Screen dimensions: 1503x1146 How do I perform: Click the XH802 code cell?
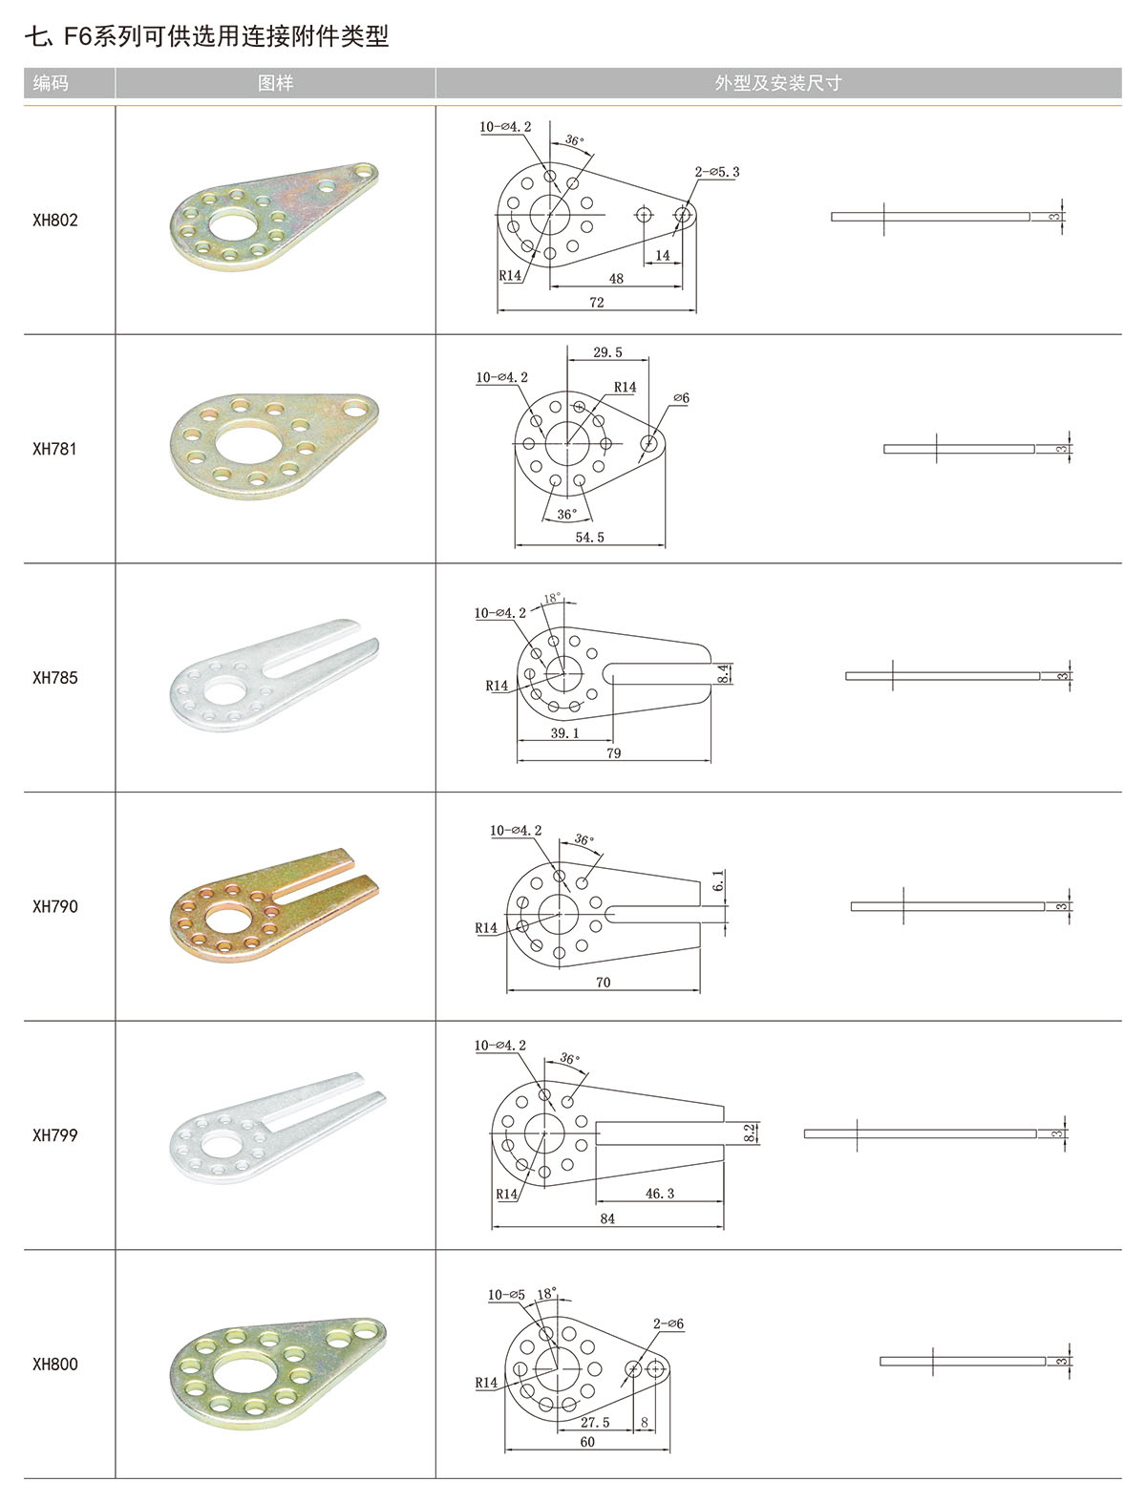55,220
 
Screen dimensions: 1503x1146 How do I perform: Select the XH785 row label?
55,677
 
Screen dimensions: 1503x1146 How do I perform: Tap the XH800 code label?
55,1364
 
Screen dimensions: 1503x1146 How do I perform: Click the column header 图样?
275,83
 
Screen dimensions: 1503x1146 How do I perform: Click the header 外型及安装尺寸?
777,83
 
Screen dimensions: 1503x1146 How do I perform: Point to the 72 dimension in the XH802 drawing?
597,303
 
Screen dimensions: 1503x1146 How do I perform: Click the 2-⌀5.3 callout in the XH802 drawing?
717,173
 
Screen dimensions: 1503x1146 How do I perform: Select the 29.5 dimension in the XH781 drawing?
607,352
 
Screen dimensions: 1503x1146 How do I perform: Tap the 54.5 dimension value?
589,538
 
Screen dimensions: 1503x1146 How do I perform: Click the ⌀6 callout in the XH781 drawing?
681,398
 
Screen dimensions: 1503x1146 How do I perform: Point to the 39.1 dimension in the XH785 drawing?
564,733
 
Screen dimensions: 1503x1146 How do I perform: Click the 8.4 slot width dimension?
724,673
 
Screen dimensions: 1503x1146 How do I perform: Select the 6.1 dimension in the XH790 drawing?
718,880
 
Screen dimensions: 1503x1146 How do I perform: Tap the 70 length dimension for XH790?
603,982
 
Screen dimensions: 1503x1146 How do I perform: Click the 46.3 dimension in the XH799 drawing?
660,1194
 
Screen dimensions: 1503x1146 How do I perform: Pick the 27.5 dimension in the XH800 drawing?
595,1423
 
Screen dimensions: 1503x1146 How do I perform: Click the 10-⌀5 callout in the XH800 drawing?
507,1296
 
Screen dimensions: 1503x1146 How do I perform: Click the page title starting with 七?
206,36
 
